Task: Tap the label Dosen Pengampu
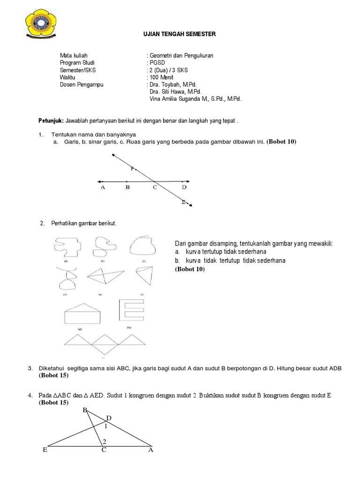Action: point(82,85)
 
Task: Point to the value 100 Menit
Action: point(162,77)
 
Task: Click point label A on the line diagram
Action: point(103,187)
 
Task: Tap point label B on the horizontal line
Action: point(127,187)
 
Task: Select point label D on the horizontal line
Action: point(184,187)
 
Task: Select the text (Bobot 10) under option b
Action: point(190,270)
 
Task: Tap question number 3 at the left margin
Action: point(30,369)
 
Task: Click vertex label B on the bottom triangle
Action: point(85,410)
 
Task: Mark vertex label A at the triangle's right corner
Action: point(150,450)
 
